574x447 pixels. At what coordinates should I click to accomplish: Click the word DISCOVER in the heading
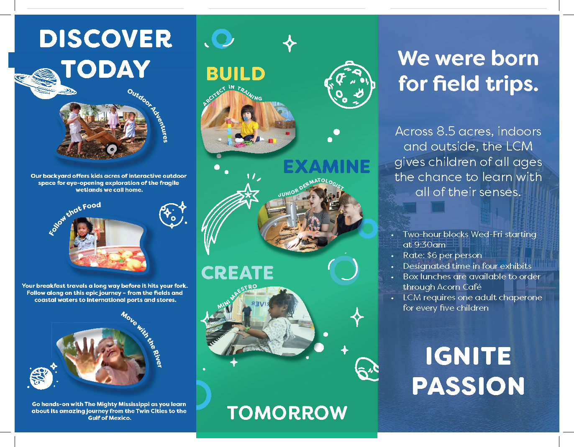point(106,38)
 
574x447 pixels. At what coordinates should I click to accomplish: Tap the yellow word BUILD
point(236,74)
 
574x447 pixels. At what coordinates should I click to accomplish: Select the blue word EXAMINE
point(326,166)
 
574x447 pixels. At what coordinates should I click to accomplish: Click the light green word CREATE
point(237,273)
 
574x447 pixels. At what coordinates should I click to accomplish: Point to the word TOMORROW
point(287,413)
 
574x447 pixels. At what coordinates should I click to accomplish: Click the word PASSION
point(468,386)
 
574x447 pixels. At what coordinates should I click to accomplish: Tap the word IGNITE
point(468,356)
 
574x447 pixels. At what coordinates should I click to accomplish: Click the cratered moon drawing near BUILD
point(349,84)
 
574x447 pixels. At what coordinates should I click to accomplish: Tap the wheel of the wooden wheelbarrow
point(112,149)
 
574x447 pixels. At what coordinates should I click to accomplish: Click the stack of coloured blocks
point(229,132)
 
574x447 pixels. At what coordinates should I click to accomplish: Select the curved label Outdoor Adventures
point(149,114)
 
